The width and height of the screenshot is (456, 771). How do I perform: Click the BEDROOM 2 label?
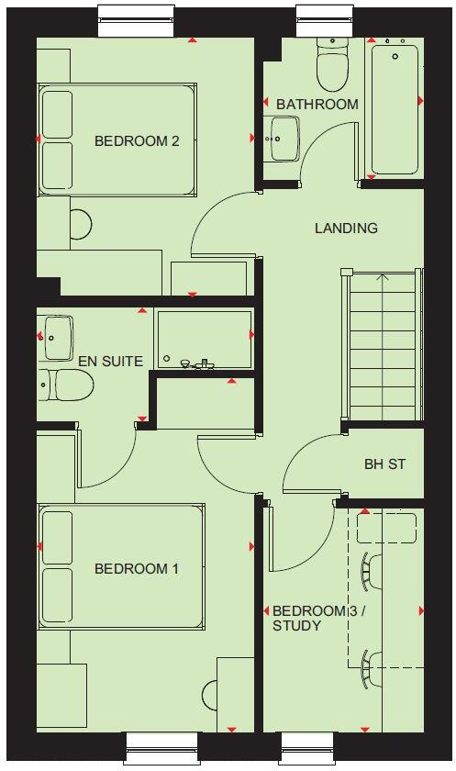coord(137,141)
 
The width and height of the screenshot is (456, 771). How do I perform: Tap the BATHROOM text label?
coord(317,104)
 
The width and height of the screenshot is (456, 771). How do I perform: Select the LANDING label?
coord(346,228)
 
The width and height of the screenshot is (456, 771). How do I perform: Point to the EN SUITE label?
coord(110,361)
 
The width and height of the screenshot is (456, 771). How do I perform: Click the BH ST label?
coord(384,464)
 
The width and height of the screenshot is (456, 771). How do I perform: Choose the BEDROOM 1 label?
coord(137,569)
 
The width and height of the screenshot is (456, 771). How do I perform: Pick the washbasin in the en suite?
coord(58,337)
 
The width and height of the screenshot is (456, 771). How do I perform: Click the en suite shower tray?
coord(203,339)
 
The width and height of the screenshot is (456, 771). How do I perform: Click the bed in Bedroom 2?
coord(117,139)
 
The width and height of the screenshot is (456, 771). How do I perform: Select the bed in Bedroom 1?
coord(120,567)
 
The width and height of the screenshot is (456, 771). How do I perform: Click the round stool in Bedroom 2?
coord(81,224)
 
